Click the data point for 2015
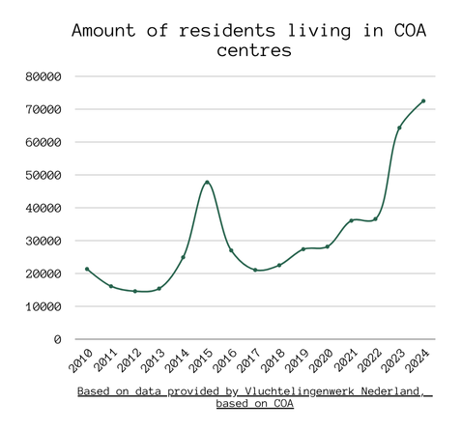207,183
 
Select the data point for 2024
423,101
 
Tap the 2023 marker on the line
399,128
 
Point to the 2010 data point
87,269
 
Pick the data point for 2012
135,291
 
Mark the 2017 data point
255,270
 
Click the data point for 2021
352,220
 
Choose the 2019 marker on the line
303,249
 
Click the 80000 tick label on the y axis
43,76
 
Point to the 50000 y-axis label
43,175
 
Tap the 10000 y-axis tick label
43,306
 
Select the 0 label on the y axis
57,339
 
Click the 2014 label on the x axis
177,360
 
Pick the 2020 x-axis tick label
321,360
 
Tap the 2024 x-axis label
417,360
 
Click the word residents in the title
227,30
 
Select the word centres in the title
254,50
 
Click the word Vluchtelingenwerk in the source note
300,391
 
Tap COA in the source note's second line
284,403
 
